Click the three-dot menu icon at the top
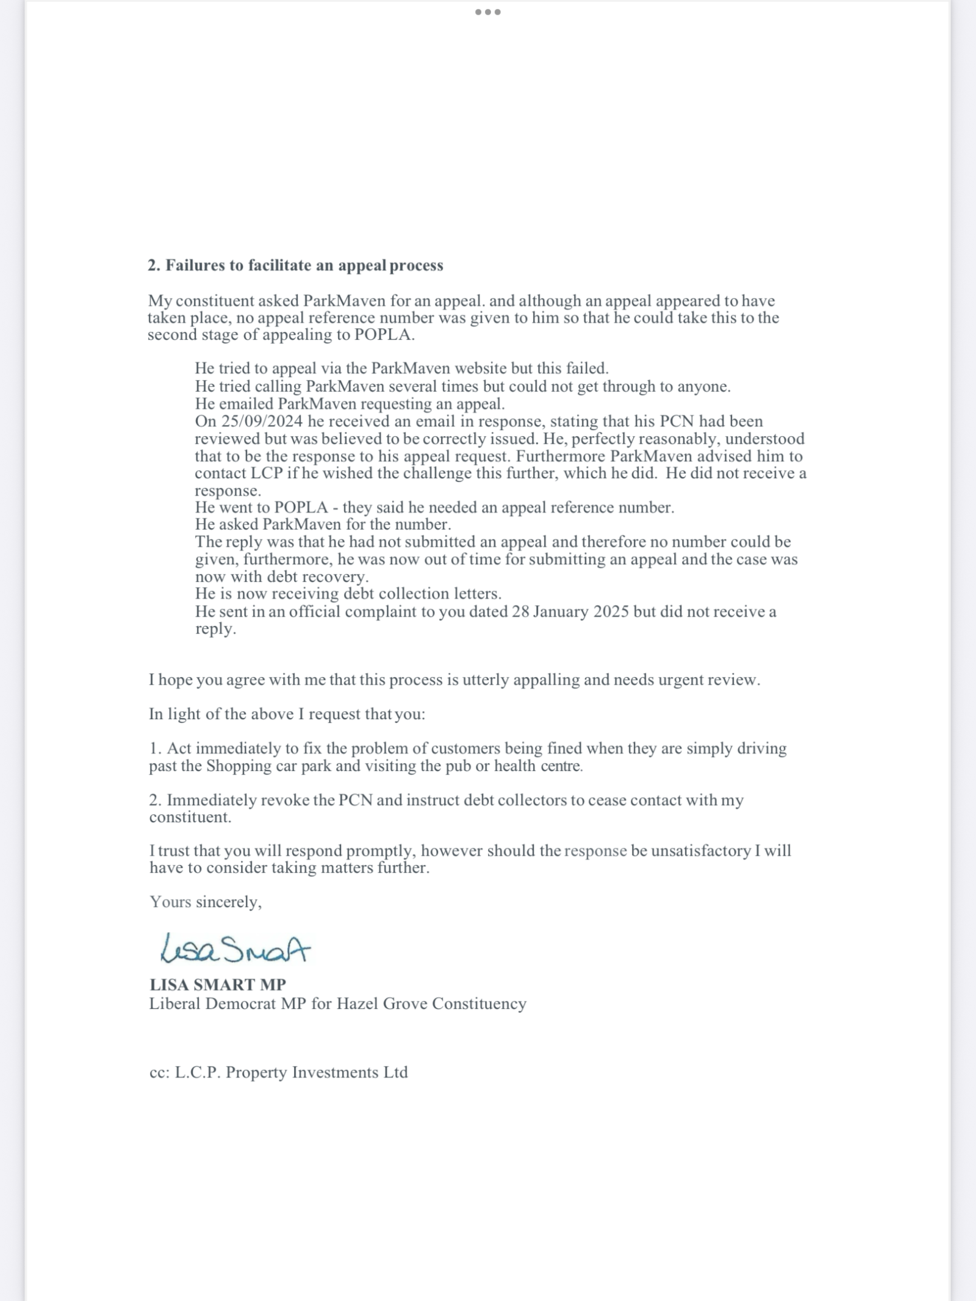487,12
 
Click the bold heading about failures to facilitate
295,265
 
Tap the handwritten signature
235,948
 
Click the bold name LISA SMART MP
218,984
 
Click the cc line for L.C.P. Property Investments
278,1072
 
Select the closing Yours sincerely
206,902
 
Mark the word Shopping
237,766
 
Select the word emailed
246,404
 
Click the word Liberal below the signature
175,1004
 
